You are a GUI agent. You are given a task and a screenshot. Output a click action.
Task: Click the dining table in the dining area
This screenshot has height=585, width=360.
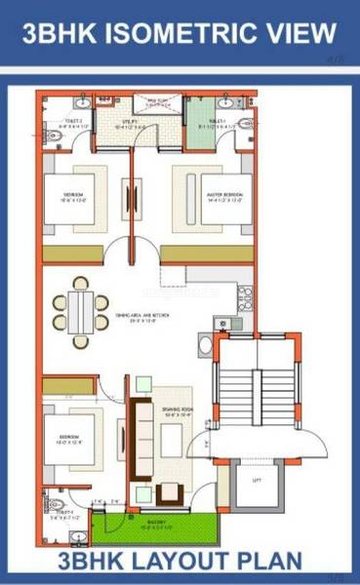82,309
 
